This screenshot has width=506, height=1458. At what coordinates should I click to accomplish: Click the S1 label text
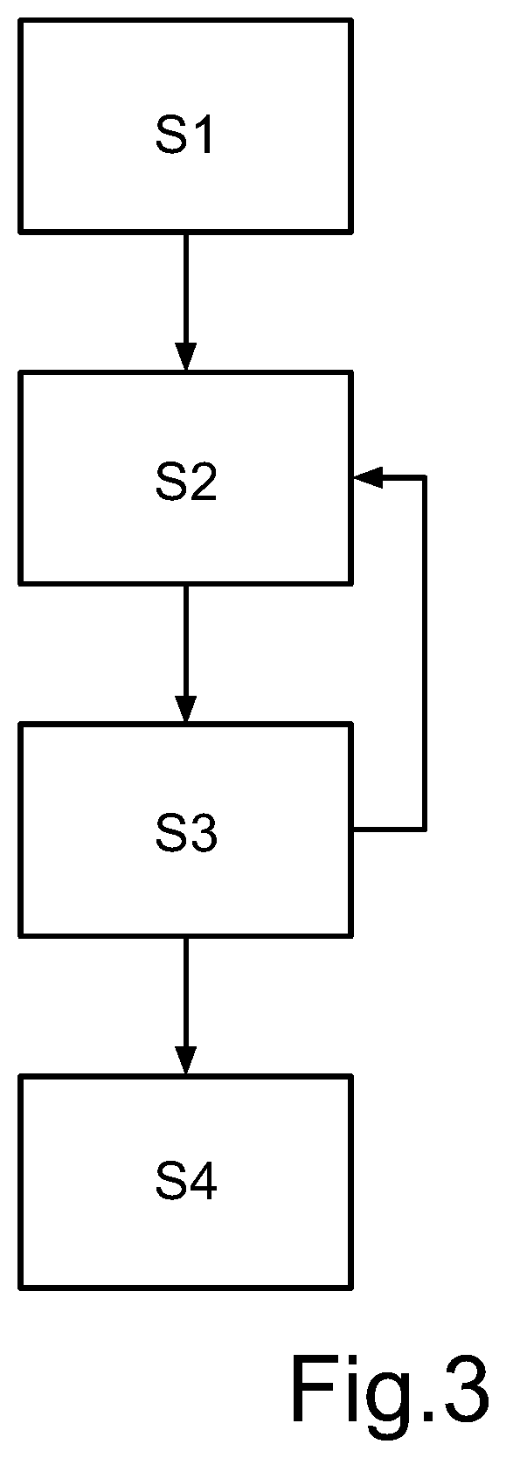tap(184, 135)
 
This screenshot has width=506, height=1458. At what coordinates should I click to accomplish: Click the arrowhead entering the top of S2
tap(186, 357)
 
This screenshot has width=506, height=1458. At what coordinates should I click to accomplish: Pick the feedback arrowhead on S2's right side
tap(367, 478)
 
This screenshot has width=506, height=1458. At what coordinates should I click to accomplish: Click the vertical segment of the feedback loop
tap(425, 654)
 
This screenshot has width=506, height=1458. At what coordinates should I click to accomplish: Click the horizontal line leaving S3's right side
tap(389, 830)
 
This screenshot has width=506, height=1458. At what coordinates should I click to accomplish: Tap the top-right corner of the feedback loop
tap(425, 478)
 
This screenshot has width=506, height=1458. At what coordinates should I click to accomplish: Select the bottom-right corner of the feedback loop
tap(425, 830)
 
